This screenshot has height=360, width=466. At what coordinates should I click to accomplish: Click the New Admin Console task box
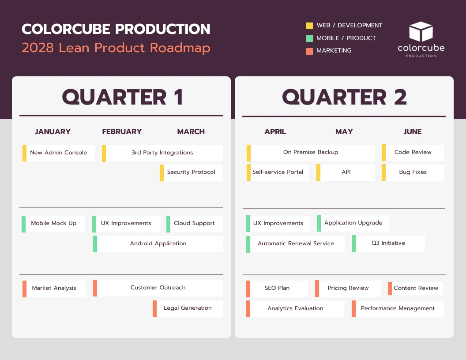pos(58,153)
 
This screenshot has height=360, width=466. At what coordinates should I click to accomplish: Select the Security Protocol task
pos(191,172)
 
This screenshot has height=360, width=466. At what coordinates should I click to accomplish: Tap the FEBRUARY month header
pos(122,131)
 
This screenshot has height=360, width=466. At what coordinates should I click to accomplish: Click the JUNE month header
pos(412,131)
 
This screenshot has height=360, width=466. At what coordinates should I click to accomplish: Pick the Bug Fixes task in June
pos(413,172)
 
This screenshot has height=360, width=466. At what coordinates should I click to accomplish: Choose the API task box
pos(346,172)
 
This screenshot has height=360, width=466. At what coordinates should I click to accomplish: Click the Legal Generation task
pos(188,308)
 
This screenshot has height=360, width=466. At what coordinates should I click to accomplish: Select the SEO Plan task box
pos(277,288)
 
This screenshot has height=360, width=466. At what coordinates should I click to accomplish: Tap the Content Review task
pos(416,288)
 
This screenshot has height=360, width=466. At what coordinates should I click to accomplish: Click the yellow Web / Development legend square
pos(309,26)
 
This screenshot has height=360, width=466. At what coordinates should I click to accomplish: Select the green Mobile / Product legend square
pos(309,38)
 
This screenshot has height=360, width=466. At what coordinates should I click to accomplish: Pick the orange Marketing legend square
pos(309,51)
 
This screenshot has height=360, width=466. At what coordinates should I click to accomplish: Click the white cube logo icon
pos(421,32)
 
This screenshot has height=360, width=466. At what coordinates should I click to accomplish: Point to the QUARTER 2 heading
pos(344,97)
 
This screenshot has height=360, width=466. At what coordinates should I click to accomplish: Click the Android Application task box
pos(158,244)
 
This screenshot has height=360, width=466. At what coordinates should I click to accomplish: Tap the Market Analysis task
pos(54,288)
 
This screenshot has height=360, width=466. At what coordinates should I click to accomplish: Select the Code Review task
pos(413,152)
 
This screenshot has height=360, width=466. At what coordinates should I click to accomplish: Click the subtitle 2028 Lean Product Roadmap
pos(116,48)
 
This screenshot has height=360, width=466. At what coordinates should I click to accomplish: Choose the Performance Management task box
pos(398,308)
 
